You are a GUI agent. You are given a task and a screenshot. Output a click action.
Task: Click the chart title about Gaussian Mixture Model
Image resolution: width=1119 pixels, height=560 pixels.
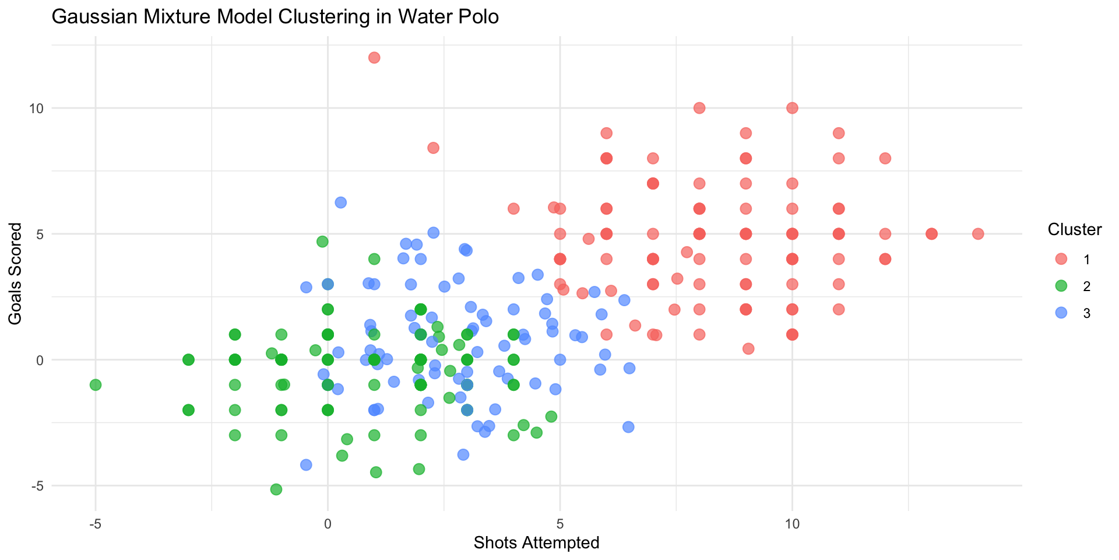click(275, 17)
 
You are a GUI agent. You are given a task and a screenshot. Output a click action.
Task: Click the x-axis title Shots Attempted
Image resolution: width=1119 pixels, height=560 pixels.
click(536, 543)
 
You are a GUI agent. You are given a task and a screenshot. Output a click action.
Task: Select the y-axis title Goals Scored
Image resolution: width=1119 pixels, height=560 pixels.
click(15, 274)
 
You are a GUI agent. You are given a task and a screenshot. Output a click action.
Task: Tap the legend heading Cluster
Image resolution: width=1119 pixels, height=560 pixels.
click(1074, 230)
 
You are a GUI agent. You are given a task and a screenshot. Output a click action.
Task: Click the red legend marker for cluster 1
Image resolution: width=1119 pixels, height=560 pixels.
click(1061, 259)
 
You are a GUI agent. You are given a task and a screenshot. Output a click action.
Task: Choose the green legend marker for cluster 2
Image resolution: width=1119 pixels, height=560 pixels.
click(1061, 286)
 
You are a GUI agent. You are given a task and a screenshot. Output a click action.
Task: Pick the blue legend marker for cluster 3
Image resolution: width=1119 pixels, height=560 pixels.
click(1061, 313)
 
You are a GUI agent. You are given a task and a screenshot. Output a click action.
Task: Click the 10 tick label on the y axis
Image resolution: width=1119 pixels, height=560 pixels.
click(36, 108)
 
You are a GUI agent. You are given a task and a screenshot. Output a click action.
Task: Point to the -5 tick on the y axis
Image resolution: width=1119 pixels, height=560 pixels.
click(36, 486)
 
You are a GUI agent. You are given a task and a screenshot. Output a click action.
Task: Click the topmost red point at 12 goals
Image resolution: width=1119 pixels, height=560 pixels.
click(374, 58)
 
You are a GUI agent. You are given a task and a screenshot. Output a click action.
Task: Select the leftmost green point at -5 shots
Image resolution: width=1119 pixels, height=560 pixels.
click(96, 385)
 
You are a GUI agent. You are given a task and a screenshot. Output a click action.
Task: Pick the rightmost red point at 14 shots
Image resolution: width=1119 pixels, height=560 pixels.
click(978, 234)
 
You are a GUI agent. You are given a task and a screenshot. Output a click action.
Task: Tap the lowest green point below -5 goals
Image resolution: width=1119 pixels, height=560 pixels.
click(276, 489)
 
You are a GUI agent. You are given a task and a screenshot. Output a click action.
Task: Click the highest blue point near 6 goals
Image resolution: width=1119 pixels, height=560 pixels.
click(341, 202)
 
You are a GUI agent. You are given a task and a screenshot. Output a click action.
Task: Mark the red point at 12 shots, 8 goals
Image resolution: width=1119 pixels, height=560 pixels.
click(885, 159)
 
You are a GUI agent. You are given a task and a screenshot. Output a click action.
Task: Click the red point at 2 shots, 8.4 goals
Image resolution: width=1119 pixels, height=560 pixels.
click(433, 148)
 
